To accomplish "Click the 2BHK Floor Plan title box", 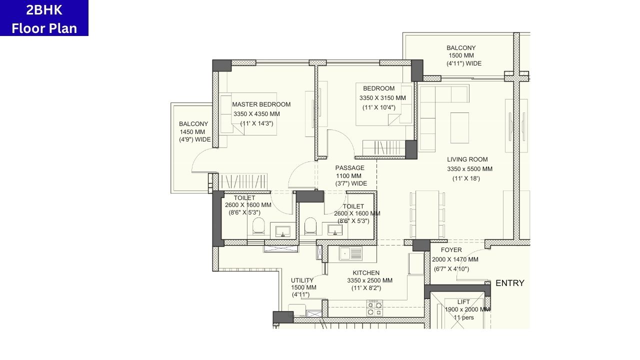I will click(44, 18).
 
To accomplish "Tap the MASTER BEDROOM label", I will click(261, 104).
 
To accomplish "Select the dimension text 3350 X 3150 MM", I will click(382, 98).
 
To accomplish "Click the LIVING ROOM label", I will click(467, 159).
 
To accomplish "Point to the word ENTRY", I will click(509, 283).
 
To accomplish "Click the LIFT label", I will click(463, 302).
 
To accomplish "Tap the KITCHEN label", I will click(366, 273).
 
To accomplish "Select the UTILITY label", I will click(302, 280).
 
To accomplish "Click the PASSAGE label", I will click(349, 168).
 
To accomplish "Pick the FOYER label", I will click(451, 250).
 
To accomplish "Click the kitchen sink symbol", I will click(351, 254).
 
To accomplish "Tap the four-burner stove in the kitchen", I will click(374, 308).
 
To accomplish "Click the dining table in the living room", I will click(427, 214).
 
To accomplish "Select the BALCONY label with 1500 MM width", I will click(461, 48).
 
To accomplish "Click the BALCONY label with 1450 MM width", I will click(193, 124).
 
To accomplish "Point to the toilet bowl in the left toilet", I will click(258, 226).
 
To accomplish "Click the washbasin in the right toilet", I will click(335, 230).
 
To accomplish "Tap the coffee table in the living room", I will click(459, 127).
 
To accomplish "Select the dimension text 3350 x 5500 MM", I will click(469, 169).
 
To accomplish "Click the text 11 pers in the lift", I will click(463, 317).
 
